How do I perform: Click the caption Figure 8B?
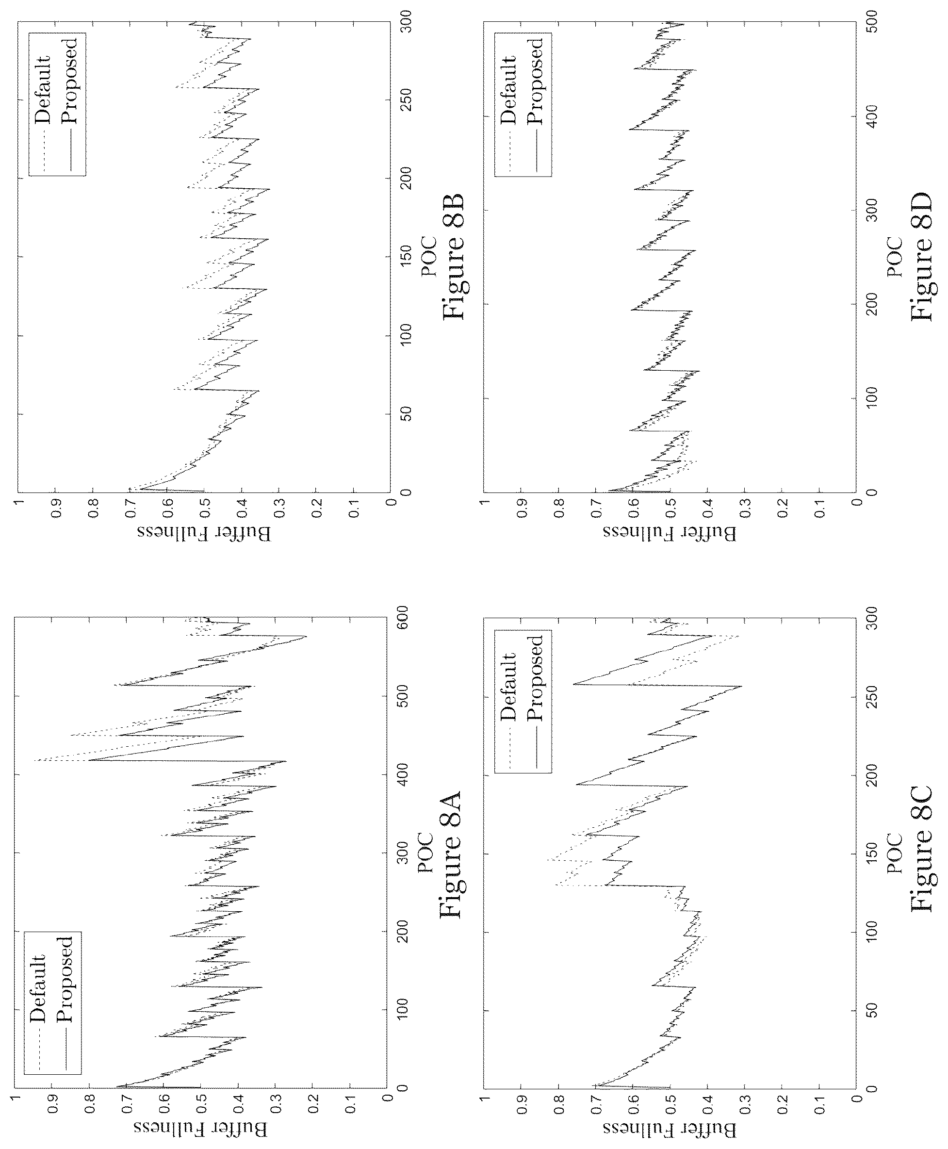pyautogui.click(x=453, y=256)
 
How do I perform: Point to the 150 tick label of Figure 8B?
pyautogui.click(x=404, y=257)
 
